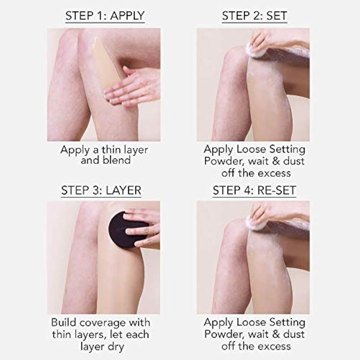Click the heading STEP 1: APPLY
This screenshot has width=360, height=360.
(105, 16)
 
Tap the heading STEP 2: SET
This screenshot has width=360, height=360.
(254, 16)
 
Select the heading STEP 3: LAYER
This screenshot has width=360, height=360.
(101, 190)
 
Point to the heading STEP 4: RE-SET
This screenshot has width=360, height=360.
(254, 190)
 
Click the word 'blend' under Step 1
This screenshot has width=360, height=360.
(117, 160)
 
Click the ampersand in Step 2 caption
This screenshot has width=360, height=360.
(276, 161)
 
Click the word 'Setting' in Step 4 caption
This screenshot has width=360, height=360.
(287, 323)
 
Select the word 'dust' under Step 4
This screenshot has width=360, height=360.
(294, 334)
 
